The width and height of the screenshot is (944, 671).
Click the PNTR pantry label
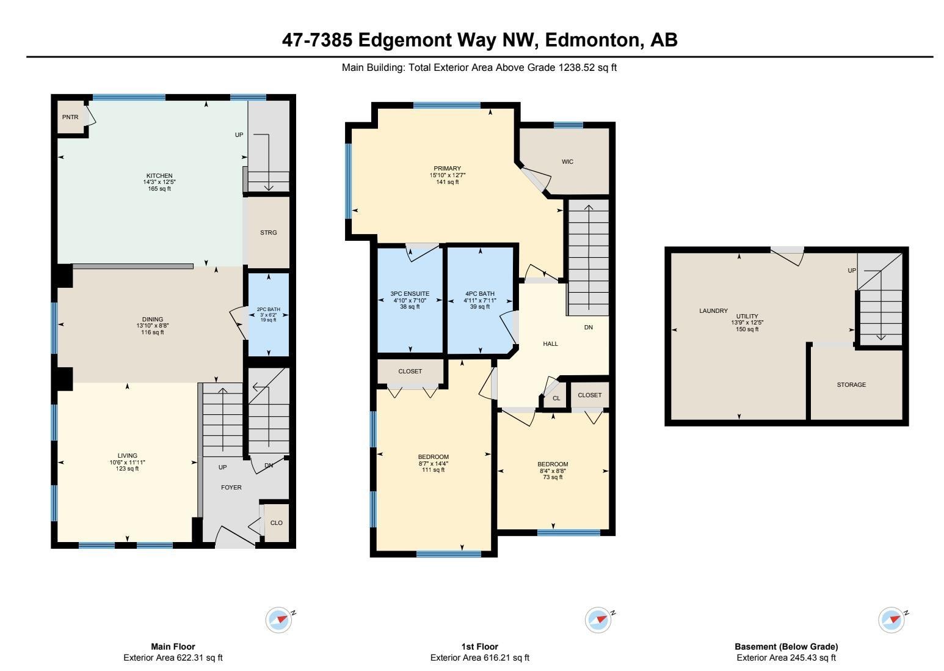(70, 117)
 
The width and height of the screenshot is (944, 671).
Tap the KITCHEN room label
(159, 175)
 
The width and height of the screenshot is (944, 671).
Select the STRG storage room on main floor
(269, 233)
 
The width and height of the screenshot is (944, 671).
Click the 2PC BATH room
(269, 315)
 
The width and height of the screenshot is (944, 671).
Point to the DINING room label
(153, 319)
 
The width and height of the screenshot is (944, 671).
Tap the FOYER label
(231, 488)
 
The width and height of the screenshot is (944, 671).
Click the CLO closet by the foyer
(277, 523)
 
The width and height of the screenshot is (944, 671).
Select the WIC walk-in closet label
(568, 161)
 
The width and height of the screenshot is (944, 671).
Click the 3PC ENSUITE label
(410, 293)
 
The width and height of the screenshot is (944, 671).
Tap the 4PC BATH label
(480, 293)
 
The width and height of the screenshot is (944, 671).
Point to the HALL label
(550, 343)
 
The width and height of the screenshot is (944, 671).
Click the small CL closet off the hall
(556, 398)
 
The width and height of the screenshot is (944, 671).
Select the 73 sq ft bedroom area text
(553, 477)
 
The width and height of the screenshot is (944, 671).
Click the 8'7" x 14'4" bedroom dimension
(434, 463)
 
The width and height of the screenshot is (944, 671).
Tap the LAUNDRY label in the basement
(713, 311)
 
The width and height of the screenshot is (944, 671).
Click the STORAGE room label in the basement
(851, 384)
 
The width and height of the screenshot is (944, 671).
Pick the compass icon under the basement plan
(891, 620)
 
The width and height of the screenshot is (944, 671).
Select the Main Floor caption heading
(173, 647)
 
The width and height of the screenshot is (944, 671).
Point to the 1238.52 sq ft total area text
(587, 67)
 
